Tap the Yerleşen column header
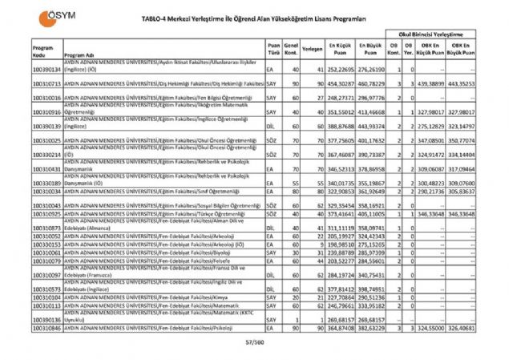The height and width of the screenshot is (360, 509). [x=313, y=48]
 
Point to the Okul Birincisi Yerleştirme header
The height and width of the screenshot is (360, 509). [x=434, y=36]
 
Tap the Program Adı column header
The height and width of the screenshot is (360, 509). [x=77, y=55]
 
